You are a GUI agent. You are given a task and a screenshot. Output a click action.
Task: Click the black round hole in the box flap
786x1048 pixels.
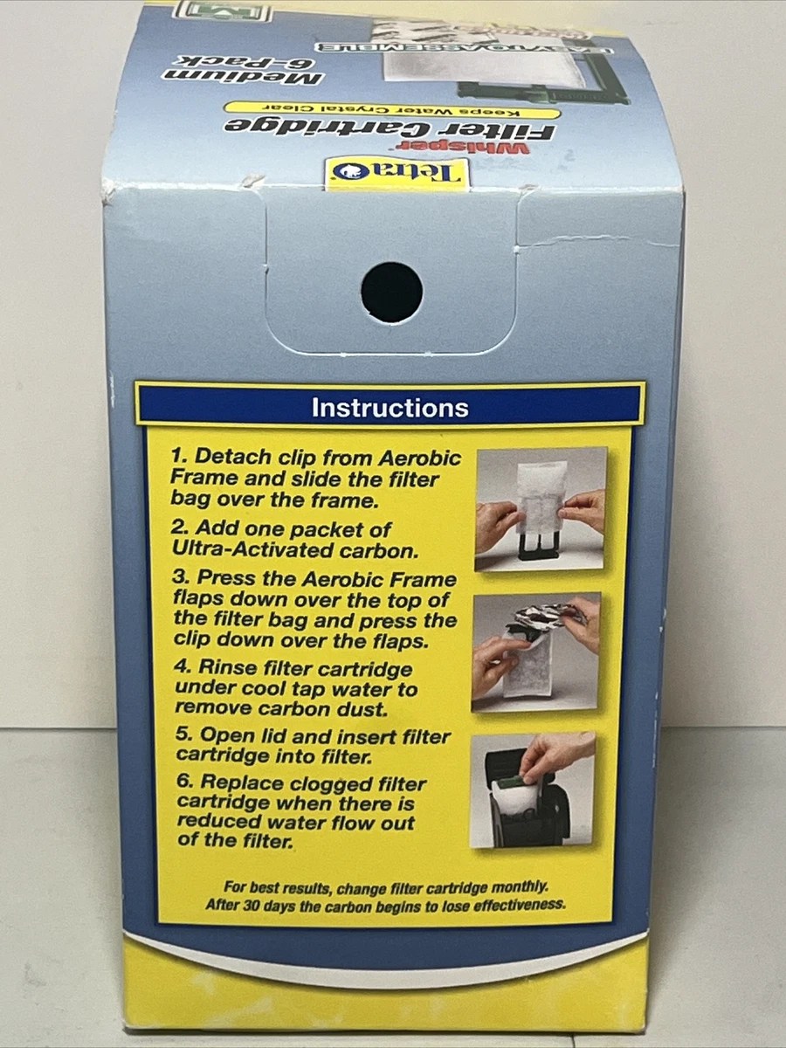pyautogui.click(x=392, y=293)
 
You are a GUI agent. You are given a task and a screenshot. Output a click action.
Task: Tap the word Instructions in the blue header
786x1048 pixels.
pyautogui.click(x=390, y=408)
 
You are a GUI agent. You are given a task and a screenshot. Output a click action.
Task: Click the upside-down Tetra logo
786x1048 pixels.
pyautogui.click(x=396, y=173)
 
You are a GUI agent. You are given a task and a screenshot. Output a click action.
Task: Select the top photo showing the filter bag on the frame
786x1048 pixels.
pyautogui.click(x=540, y=508)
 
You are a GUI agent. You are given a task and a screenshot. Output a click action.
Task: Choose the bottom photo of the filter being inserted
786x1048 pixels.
pyautogui.click(x=533, y=790)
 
